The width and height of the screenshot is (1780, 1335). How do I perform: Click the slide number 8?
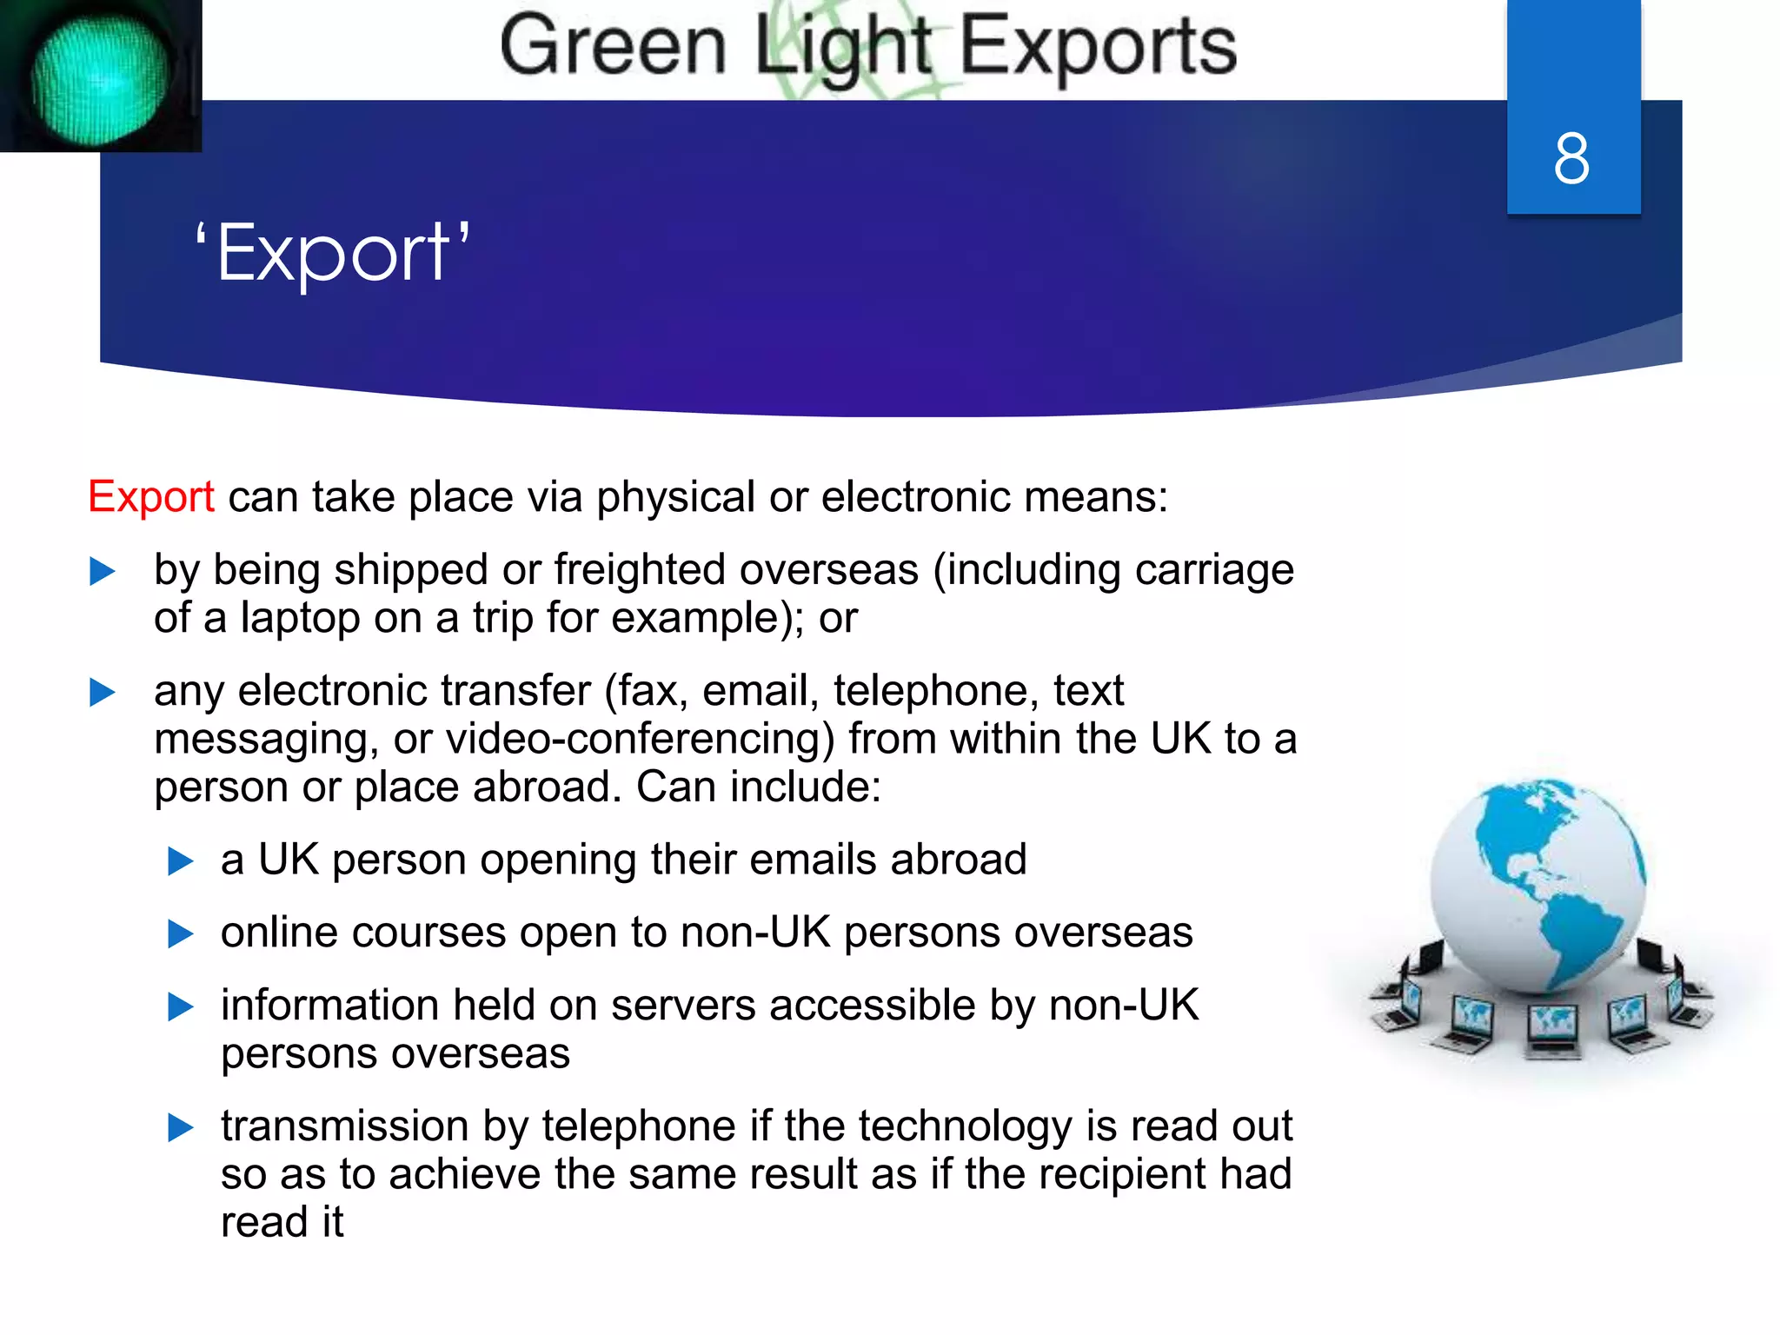[1571, 158]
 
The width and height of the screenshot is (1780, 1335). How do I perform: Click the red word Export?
[151, 497]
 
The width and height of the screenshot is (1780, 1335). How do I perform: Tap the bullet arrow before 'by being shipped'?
[103, 571]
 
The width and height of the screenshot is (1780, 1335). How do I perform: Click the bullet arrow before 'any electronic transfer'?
[103, 692]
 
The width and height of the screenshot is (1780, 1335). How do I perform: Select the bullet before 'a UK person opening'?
[180, 860]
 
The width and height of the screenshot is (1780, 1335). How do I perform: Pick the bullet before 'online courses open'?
[180, 933]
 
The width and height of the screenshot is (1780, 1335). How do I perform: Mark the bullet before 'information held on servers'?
[180, 1006]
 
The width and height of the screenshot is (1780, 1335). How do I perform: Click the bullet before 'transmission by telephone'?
[180, 1127]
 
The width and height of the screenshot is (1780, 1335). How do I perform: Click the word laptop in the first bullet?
[300, 619]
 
